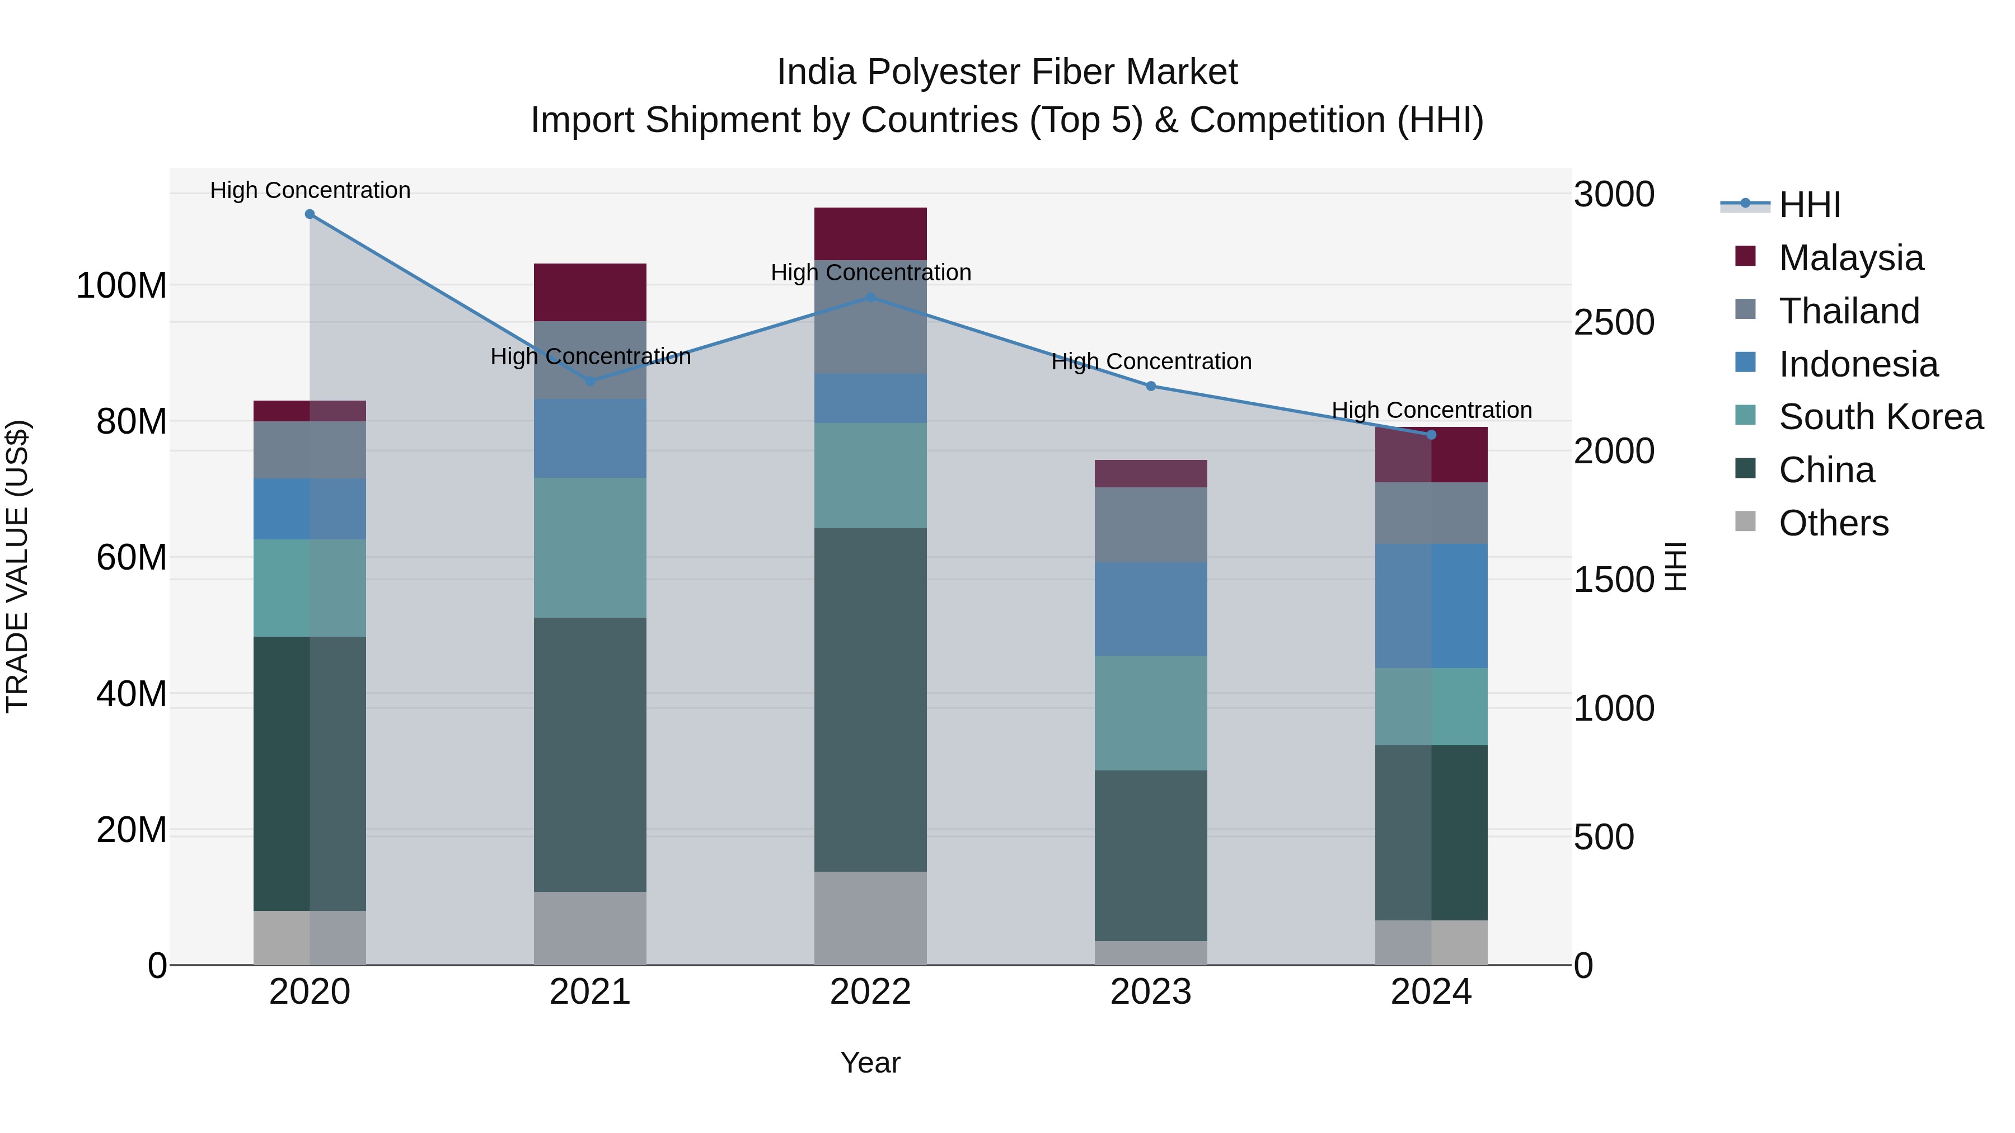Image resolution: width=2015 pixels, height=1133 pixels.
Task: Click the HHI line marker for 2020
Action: pyautogui.click(x=310, y=214)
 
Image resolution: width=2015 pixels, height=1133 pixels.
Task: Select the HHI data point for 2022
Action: pyautogui.click(x=870, y=298)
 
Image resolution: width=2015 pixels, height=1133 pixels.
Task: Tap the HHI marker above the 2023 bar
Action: pyautogui.click(x=1151, y=386)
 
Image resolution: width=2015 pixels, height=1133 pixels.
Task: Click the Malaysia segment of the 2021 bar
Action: pyautogui.click(x=590, y=293)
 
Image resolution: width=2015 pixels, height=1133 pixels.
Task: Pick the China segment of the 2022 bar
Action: pyautogui.click(x=870, y=700)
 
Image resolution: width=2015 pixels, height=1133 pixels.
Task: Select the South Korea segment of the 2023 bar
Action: pyautogui.click(x=1151, y=713)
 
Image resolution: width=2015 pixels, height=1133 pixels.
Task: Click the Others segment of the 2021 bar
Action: pyautogui.click(x=590, y=928)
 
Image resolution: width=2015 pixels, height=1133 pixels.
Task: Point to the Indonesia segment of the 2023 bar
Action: pyautogui.click(x=1151, y=609)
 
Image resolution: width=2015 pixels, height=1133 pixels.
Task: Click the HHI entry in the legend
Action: pyautogui.click(x=1809, y=205)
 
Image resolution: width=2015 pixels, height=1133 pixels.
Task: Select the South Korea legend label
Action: pyautogui.click(x=1881, y=417)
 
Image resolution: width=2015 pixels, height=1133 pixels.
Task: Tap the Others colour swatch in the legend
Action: pyautogui.click(x=1745, y=521)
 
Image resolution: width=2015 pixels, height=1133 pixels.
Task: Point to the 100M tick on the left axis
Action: pyautogui.click(x=121, y=286)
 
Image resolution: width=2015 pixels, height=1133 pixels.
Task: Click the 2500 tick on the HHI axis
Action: pyautogui.click(x=1614, y=323)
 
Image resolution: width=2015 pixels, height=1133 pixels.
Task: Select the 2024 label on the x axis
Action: pyautogui.click(x=1431, y=992)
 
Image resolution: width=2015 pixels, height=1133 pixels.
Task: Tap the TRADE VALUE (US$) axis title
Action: pyautogui.click(x=17, y=566)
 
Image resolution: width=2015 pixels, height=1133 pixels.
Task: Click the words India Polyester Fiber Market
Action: pyautogui.click(x=1007, y=72)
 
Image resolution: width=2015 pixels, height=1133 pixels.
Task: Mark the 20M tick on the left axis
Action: pyautogui.click(x=132, y=830)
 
